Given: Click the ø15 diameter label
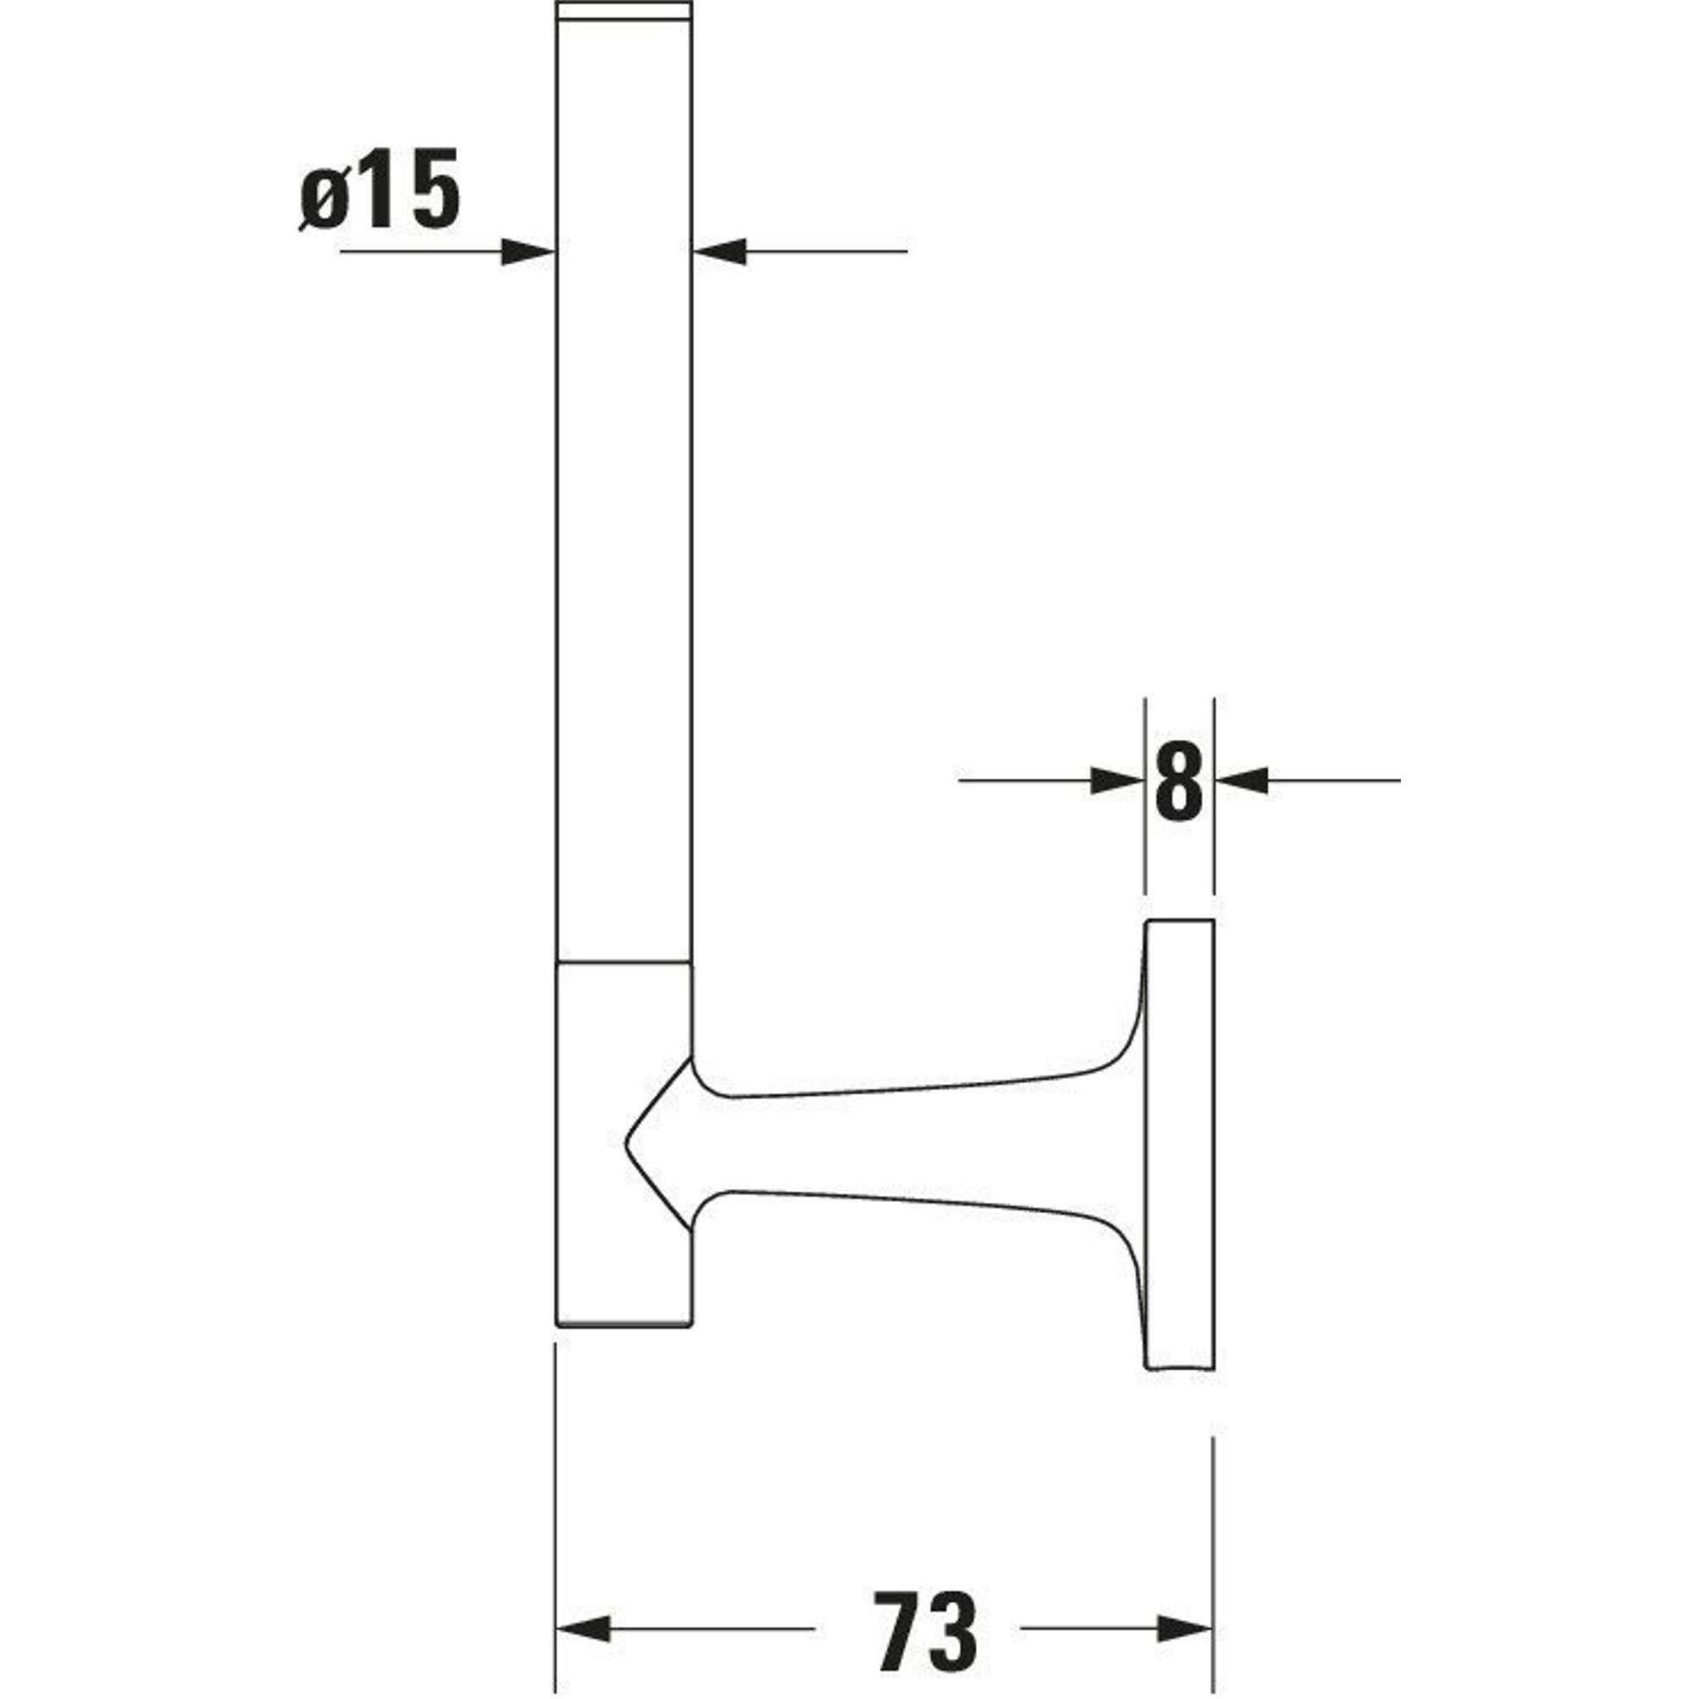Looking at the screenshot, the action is point(379,189).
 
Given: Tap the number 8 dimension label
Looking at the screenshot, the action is point(1178,780).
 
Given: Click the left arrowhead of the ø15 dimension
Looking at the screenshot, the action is point(528,252).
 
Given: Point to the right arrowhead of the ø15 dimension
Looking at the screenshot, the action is point(720,252).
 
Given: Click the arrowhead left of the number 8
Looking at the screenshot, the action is point(1117,780).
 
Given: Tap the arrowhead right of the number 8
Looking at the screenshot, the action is point(1242,780).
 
